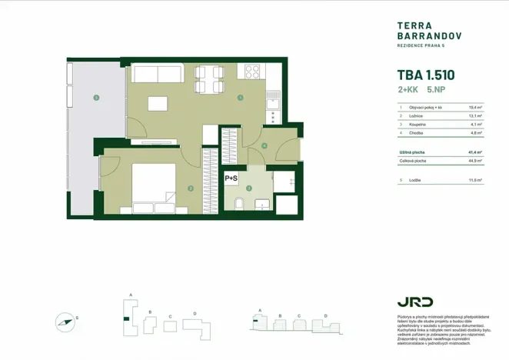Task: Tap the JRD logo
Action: tap(414, 302)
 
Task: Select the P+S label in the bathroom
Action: tap(231, 178)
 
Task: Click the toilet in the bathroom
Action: tap(240, 202)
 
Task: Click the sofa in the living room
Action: tap(156, 73)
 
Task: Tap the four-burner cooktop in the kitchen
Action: tap(252, 72)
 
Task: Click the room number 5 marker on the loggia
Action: tap(95, 98)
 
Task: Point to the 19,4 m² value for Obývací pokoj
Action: tap(475, 108)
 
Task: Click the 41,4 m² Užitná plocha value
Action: tap(474, 152)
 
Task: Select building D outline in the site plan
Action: tap(199, 327)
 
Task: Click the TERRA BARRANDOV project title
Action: tap(417, 30)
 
